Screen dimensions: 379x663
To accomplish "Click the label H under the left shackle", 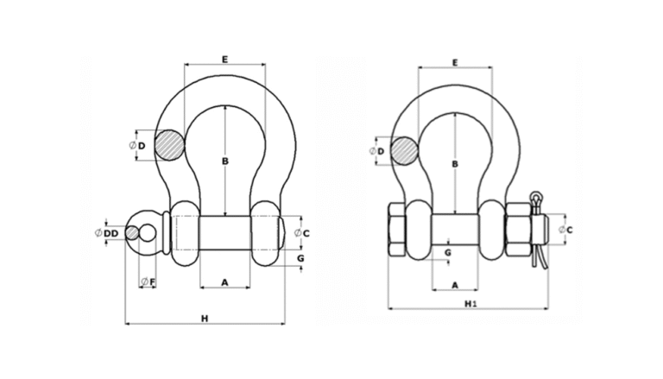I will click(x=205, y=319).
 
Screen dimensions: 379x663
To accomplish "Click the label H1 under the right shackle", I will click(x=470, y=303).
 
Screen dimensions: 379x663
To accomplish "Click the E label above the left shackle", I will click(x=224, y=59).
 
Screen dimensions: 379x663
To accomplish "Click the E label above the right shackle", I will click(x=455, y=62).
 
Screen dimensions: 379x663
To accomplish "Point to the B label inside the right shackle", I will click(x=454, y=164).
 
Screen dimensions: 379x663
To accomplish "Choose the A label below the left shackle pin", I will click(x=224, y=281).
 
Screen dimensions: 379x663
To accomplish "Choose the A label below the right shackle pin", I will click(x=454, y=284).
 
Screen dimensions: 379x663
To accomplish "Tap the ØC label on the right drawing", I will click(x=565, y=229).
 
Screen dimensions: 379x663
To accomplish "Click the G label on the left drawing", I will click(x=300, y=258).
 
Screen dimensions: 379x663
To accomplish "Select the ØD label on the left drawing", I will click(x=137, y=145).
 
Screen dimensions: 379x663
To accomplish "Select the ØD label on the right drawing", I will click(x=376, y=151).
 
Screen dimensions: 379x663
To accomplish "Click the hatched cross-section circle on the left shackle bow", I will click(x=169, y=145).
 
